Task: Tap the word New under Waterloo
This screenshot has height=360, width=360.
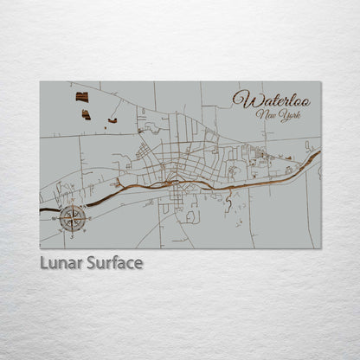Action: [265, 115]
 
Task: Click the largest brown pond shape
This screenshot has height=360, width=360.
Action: [81, 97]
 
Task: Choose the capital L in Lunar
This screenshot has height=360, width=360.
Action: [44, 262]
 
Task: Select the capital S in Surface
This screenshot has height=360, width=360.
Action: [92, 262]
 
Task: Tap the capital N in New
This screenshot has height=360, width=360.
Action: [259, 114]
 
